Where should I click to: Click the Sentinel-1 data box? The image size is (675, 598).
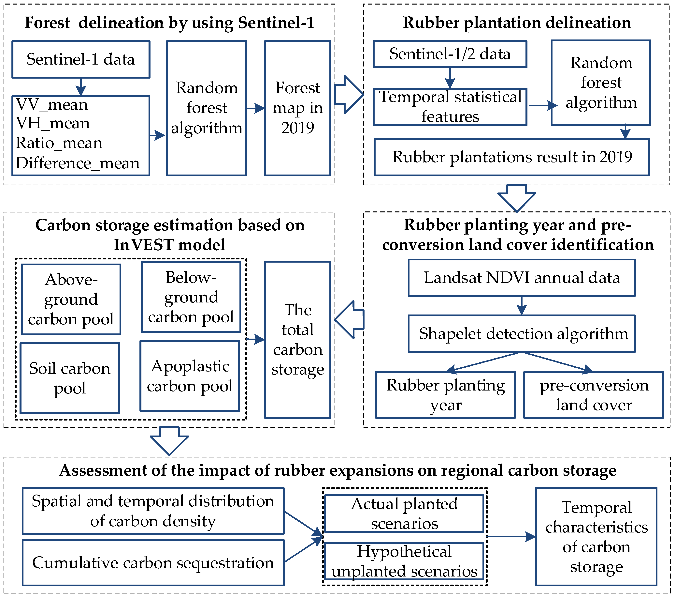pos(81,59)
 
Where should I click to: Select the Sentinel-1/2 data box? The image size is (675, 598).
pos(450,54)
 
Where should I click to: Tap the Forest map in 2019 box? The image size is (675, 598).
pos(297,108)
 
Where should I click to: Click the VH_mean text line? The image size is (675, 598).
pos(53,123)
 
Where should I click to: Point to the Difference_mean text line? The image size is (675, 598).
pos(78,163)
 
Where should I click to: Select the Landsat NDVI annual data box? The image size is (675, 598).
pos(522,278)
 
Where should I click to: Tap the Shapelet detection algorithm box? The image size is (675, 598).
pos(522,333)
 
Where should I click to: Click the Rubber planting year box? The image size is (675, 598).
pos(445,395)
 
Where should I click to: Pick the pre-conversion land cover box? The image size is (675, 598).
pos(593,395)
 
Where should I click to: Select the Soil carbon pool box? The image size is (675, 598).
pos(70,378)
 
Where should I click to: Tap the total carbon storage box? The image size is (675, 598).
pos(297,340)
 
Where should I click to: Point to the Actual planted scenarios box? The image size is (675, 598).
pos(404,513)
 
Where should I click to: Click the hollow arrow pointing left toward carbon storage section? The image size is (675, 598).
pos(349,320)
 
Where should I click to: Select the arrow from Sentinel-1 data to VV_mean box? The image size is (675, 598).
pos(81,87)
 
